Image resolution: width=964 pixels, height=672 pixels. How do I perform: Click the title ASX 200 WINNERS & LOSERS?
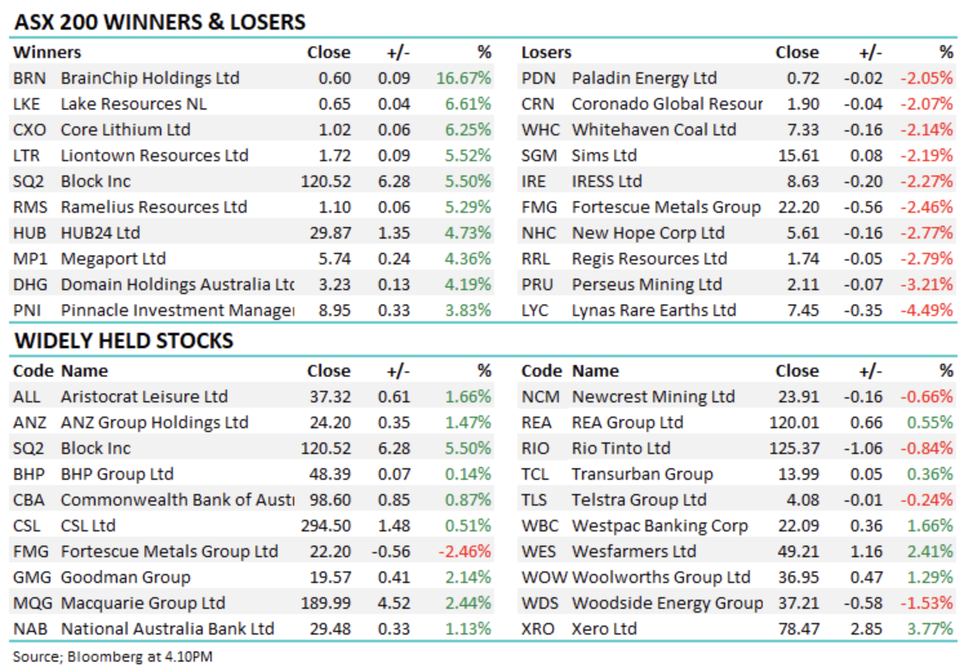click(x=160, y=22)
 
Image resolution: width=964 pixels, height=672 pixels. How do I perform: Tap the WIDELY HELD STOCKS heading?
click(x=124, y=341)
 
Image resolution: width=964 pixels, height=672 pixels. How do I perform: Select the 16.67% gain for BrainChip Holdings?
click(x=463, y=78)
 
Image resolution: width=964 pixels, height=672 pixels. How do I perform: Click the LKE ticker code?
click(x=26, y=104)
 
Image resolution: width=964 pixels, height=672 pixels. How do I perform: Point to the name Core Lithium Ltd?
click(x=125, y=130)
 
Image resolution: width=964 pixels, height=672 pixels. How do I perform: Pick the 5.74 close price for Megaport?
click(x=334, y=259)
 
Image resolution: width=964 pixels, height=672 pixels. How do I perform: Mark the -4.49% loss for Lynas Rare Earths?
click(x=927, y=310)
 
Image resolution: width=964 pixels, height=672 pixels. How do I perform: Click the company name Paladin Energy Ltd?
click(x=644, y=78)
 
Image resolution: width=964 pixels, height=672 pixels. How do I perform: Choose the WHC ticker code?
click(x=540, y=130)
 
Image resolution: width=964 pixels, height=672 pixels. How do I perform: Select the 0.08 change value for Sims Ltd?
click(x=866, y=155)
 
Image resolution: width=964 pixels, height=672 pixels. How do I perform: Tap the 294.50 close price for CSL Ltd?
click(x=326, y=526)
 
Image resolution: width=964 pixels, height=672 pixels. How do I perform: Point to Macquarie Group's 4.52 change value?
click(x=394, y=603)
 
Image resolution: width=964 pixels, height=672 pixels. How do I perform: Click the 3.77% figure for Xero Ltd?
click(x=930, y=629)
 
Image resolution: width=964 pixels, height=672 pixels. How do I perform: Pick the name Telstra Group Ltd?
click(x=639, y=500)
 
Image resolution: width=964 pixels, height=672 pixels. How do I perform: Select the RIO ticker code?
click(x=535, y=448)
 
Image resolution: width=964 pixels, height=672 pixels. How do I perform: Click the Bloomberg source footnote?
click(x=112, y=657)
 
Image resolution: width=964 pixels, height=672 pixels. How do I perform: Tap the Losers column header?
click(x=546, y=52)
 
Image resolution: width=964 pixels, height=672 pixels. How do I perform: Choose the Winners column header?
click(x=47, y=52)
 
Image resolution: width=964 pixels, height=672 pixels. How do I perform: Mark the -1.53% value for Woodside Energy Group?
click(x=927, y=603)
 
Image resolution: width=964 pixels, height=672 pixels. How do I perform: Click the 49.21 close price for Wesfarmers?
click(x=798, y=551)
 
